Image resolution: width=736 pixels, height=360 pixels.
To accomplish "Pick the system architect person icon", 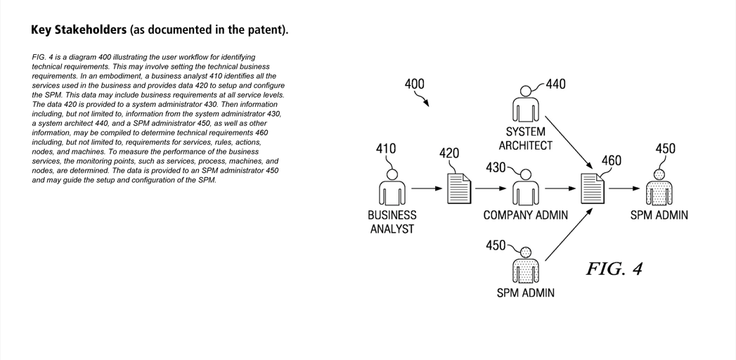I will click(526, 105).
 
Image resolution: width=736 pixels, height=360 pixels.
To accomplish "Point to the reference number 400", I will click(415, 84).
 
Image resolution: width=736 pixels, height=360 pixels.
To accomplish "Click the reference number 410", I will click(386, 148).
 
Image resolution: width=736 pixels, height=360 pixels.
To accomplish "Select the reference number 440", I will click(555, 84).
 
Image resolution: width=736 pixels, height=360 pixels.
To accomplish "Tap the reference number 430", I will click(496, 167).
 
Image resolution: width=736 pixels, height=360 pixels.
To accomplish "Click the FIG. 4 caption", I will click(614, 269).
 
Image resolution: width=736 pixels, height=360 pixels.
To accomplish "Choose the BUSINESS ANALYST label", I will click(392, 221).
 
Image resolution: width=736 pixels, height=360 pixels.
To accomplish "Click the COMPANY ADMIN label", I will click(525, 215).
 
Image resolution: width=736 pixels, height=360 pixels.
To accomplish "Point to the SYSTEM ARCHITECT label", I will click(526, 139).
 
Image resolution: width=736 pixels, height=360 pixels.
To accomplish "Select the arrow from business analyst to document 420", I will click(427, 188).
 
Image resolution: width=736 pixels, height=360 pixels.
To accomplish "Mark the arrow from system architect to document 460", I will click(567, 140).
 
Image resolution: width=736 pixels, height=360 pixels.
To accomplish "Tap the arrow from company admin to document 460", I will click(560, 188).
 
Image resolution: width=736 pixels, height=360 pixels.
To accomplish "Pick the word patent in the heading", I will click(266, 30).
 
